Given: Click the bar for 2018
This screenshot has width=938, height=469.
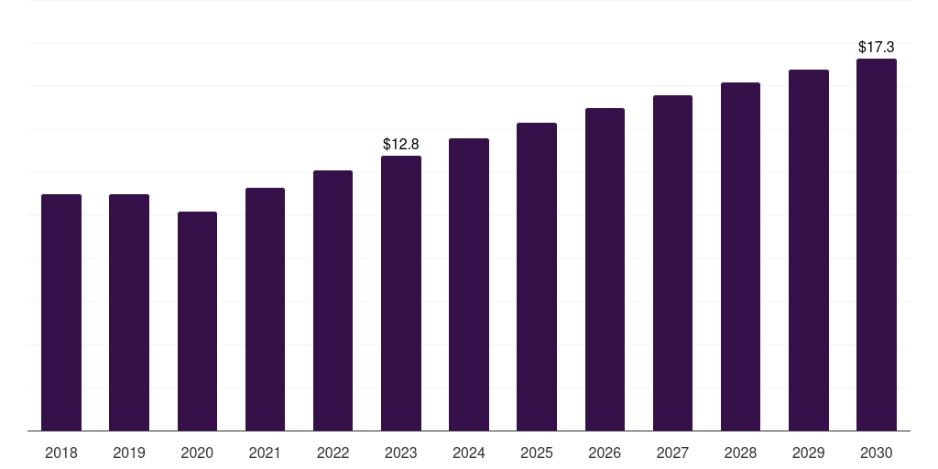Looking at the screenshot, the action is (61, 312).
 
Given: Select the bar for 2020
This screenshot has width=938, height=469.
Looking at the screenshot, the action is (198, 322).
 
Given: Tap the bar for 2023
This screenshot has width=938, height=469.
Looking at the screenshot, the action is (401, 293).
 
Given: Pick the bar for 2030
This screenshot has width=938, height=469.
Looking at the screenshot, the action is (877, 245).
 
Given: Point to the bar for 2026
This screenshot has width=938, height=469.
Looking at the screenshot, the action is (605, 269).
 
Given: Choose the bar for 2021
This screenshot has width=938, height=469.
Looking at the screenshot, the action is (265, 310).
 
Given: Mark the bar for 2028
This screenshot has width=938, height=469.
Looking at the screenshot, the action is (740, 256).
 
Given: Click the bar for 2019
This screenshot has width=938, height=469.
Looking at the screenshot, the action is (129, 312).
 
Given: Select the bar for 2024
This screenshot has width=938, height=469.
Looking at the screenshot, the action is (469, 285).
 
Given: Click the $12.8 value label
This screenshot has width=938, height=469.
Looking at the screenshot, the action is (401, 144).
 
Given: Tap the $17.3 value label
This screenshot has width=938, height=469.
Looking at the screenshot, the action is (877, 47).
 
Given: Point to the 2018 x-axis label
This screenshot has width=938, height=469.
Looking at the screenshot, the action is (61, 453).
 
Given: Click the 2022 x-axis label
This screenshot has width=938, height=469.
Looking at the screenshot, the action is (333, 453).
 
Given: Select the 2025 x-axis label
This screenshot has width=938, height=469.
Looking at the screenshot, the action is (537, 453).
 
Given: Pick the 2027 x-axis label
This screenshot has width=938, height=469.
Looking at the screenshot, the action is (672, 453).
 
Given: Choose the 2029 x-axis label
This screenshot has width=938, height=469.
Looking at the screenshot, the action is (808, 453).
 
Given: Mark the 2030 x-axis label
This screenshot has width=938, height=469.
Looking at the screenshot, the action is (877, 453).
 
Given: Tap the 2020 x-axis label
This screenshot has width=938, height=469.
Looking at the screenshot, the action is (197, 453).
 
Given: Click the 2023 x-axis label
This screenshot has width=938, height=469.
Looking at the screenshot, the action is (401, 453).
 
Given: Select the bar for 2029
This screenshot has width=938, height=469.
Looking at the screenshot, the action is (809, 250).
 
